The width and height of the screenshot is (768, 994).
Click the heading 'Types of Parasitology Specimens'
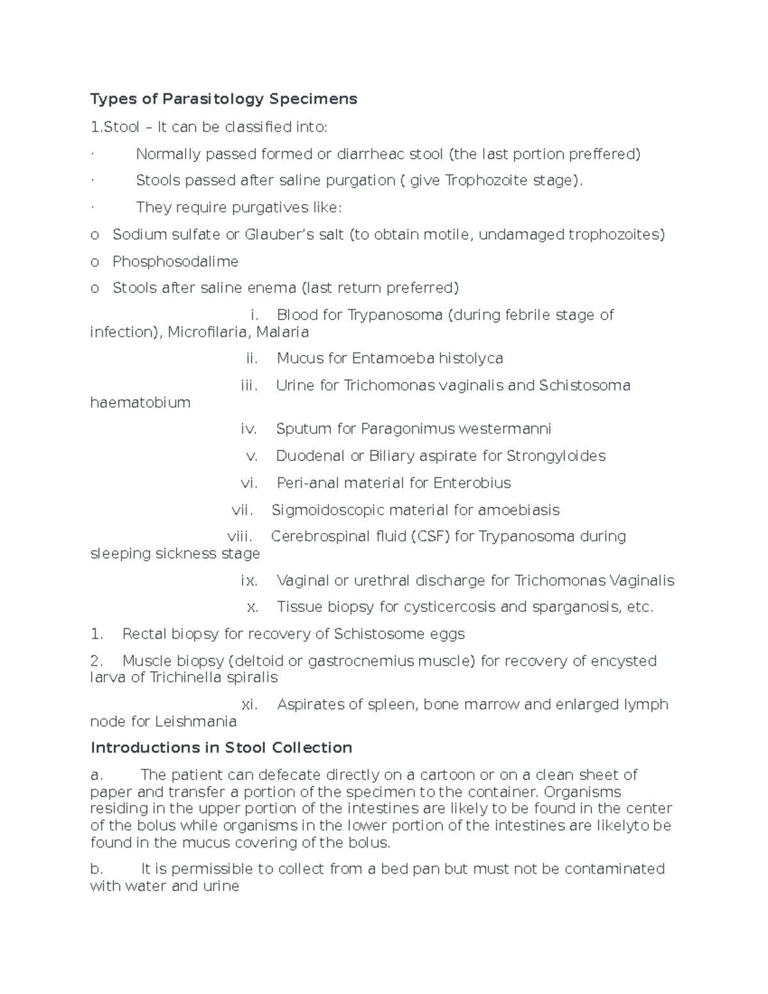click(223, 99)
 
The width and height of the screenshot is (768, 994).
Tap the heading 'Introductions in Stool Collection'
click(221, 748)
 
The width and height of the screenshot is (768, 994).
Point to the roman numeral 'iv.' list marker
click(248, 429)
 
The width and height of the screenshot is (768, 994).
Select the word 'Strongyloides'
click(556, 456)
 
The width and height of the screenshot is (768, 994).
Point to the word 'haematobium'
click(140, 403)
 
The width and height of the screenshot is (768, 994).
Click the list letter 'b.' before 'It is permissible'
click(97, 869)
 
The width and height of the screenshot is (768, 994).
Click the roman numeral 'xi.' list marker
click(249, 705)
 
